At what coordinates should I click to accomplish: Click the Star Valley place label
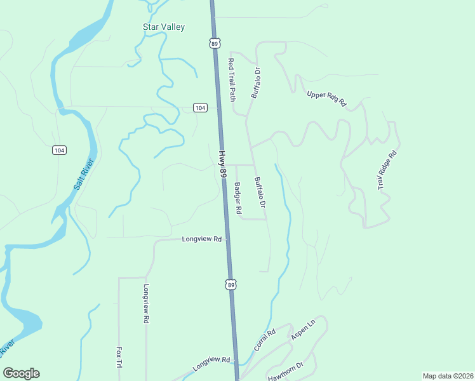(x=163, y=27)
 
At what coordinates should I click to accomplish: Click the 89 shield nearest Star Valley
(x=215, y=43)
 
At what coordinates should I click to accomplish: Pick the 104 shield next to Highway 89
(x=200, y=108)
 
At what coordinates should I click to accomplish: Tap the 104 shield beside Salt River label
(x=59, y=150)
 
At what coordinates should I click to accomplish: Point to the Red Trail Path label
(x=232, y=80)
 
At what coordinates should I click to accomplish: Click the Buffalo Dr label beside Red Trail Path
(x=256, y=83)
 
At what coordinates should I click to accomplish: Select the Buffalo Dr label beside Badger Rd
(x=259, y=193)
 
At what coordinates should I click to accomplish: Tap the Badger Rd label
(x=238, y=198)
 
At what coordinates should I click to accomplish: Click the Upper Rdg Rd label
(x=326, y=98)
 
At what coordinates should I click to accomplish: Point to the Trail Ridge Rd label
(x=387, y=170)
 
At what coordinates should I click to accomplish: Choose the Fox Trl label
(x=118, y=357)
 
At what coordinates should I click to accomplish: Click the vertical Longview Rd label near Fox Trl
(x=145, y=304)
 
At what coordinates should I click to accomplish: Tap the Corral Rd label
(x=264, y=340)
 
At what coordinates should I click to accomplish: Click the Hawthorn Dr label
(x=286, y=371)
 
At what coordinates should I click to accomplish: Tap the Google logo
(x=21, y=373)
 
